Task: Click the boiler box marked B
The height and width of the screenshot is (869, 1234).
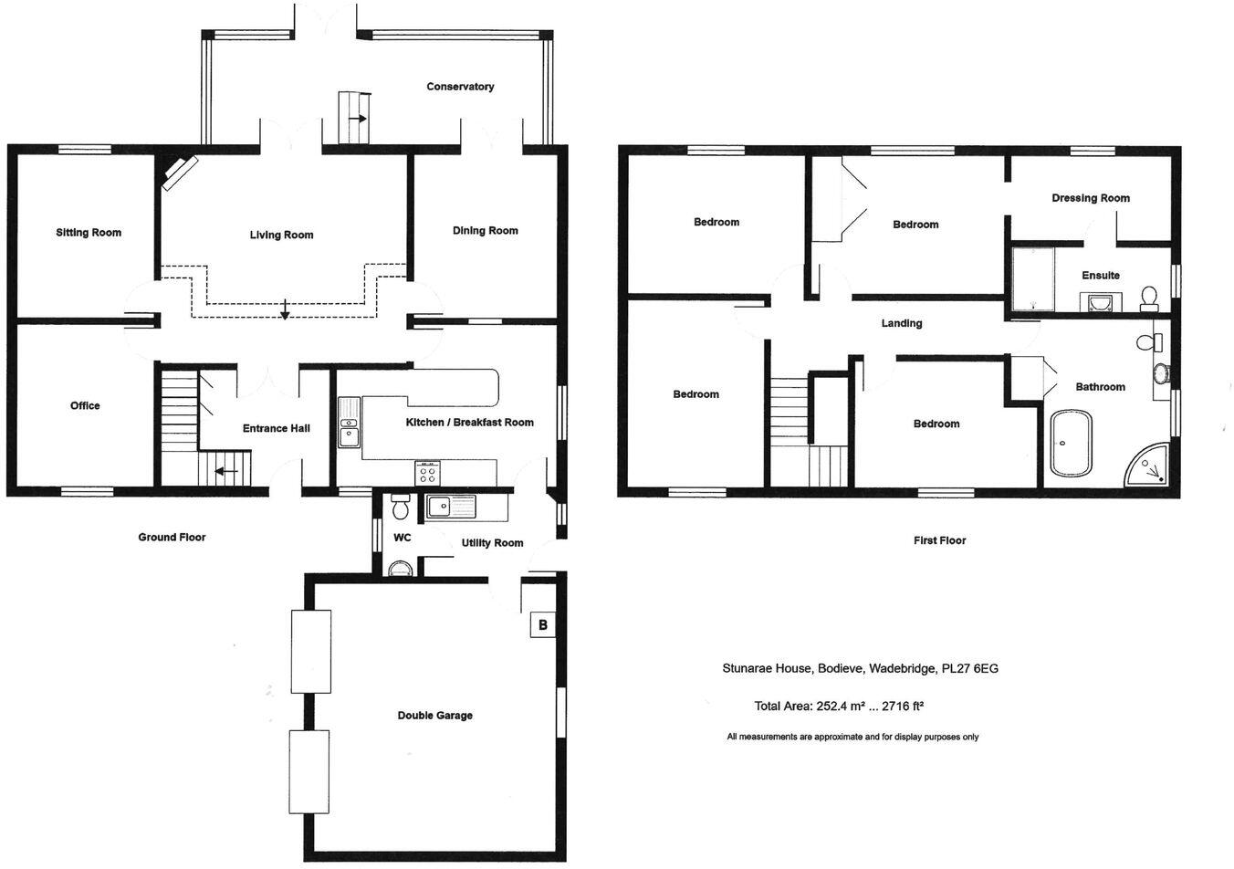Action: [x=543, y=625]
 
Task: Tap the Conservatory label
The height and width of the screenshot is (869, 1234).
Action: [x=460, y=87]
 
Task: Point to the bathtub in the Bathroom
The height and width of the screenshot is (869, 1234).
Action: [x=1071, y=445]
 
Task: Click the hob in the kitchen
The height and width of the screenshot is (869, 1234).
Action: [x=427, y=472]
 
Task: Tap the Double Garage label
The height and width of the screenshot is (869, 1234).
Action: [x=434, y=716]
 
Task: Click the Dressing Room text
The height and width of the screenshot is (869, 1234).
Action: [x=1090, y=198]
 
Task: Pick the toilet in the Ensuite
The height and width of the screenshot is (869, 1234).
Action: [x=1148, y=297]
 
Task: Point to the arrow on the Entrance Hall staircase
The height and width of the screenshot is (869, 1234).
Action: [x=225, y=472]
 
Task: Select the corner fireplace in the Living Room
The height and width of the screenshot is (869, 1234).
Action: [x=179, y=172]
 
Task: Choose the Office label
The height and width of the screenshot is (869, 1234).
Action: [x=85, y=406]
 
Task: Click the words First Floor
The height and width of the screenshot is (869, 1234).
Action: [x=939, y=540]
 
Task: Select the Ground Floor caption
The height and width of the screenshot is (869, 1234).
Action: [x=172, y=538]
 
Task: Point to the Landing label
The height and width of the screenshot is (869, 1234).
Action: [x=901, y=324]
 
